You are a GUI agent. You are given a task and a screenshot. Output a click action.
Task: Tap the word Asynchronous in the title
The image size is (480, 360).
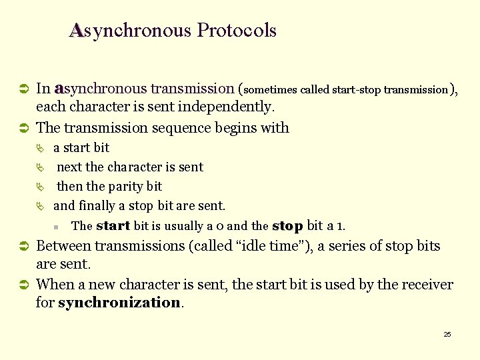pyautogui.click(x=130, y=31)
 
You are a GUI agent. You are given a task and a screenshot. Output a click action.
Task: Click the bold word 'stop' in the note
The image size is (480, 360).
pyautogui.click(x=287, y=225)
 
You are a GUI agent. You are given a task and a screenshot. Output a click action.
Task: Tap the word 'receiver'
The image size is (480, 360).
pyautogui.click(x=425, y=285)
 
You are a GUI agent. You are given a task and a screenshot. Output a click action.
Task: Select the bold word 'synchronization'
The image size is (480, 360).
pyautogui.click(x=119, y=303)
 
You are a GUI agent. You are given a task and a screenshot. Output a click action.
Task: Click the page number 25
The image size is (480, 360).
pyautogui.click(x=447, y=334)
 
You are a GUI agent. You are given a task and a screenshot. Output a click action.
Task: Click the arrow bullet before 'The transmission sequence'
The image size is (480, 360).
pyautogui.click(x=22, y=128)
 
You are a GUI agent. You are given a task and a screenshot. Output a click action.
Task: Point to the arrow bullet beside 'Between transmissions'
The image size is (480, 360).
pyautogui.click(x=22, y=247)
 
